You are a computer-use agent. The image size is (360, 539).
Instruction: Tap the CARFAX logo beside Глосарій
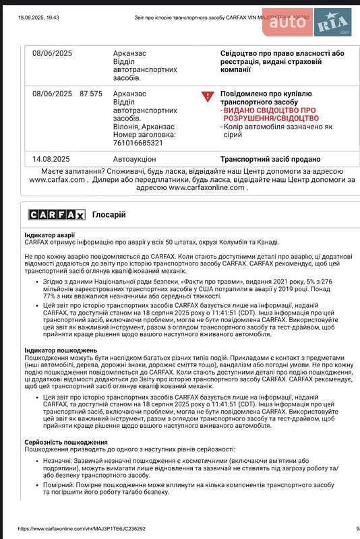(x=57, y=215)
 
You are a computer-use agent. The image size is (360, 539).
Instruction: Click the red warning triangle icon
(x=207, y=96)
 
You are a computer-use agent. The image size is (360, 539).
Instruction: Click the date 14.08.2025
(x=51, y=160)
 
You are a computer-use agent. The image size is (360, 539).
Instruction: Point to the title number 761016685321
(x=138, y=143)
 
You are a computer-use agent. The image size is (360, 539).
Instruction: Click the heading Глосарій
(x=109, y=215)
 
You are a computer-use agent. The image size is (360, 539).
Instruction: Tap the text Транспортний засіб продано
(x=271, y=160)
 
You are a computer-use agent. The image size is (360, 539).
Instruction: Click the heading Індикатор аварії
(x=50, y=234)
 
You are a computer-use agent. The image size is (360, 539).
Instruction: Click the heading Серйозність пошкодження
(x=66, y=441)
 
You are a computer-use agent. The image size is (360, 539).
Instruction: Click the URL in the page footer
(x=82, y=530)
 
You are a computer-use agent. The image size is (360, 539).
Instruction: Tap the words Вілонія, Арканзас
(x=144, y=126)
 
